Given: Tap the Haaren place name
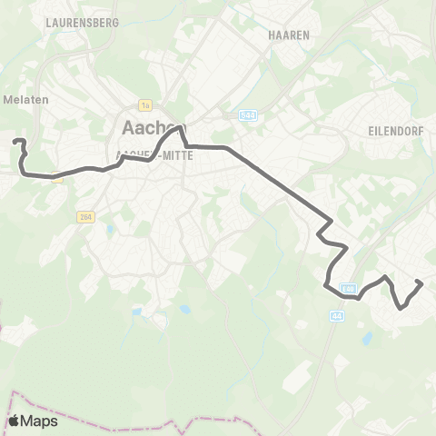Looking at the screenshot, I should coord(289,34).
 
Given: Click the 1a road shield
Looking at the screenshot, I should coord(144,104).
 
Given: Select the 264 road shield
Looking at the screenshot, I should coord(84,216).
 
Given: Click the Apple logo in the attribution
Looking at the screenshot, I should coord(15,421).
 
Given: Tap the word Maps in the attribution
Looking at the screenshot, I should coord(40,421).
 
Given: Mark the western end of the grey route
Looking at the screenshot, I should coord(15,140).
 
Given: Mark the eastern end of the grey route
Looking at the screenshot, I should coord(421,283).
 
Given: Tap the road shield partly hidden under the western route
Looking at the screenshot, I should coord(58,178).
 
